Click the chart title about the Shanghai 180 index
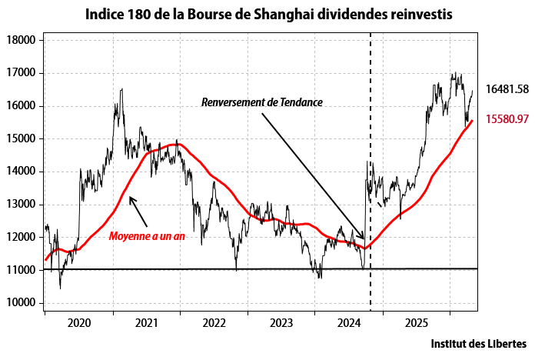click(x=269, y=15)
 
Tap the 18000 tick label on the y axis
click(x=22, y=40)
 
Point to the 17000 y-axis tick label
click(x=22, y=73)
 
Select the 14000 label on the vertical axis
click(x=22, y=172)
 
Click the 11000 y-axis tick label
click(x=22, y=270)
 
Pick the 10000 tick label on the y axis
click(x=22, y=302)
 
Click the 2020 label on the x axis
click(x=79, y=323)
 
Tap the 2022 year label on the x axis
click(x=214, y=323)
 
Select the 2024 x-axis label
click(x=349, y=323)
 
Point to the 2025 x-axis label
click(x=417, y=323)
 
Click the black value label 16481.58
click(x=507, y=89)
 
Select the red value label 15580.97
click(x=507, y=119)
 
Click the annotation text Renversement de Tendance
click(x=261, y=102)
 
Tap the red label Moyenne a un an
click(x=147, y=236)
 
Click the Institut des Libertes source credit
click(x=479, y=344)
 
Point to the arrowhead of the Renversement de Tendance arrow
click(x=364, y=238)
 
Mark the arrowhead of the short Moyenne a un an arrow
click(x=130, y=197)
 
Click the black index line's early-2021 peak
click(x=121, y=89)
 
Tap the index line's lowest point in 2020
click(x=61, y=288)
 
